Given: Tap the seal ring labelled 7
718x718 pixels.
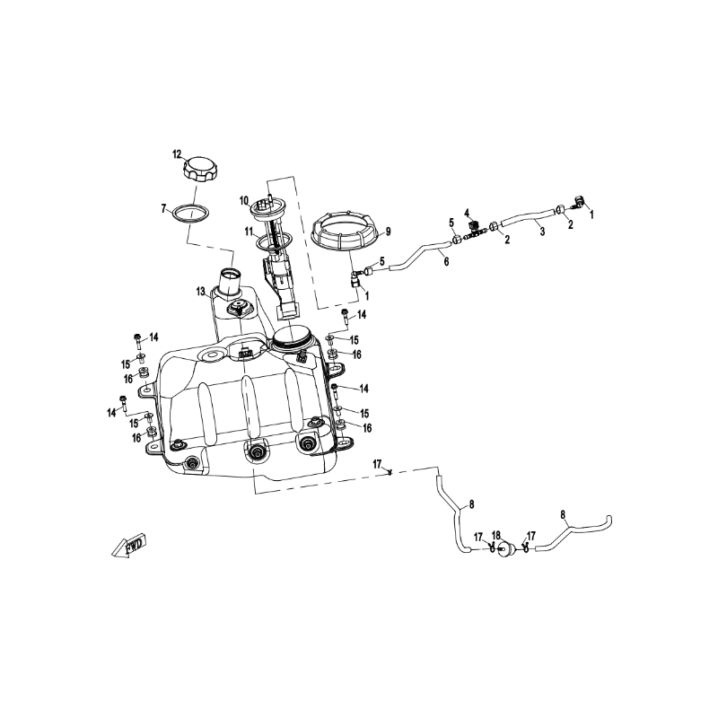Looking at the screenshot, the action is pyautogui.click(x=191, y=220).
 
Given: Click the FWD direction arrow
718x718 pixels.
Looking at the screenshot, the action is pyautogui.click(x=129, y=546).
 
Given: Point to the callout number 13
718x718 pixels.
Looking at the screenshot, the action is pyautogui.click(x=200, y=291).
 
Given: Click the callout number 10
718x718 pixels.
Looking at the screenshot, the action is pyautogui.click(x=243, y=200).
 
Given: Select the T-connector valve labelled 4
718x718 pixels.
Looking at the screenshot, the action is pyautogui.click(x=474, y=230).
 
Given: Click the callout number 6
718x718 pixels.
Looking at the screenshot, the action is pyautogui.click(x=446, y=261).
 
